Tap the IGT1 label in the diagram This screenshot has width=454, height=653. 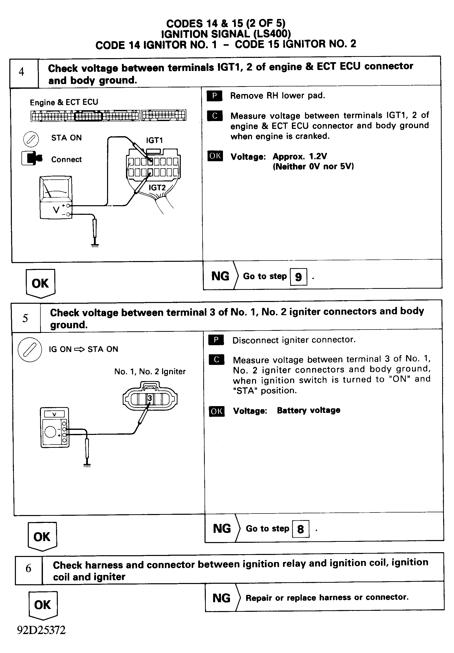coord(154,140)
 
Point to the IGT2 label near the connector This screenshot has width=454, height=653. coord(157,188)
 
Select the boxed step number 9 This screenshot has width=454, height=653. coord(298,277)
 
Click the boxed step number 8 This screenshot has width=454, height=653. coord(300,529)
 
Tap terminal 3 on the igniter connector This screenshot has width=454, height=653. coord(149,399)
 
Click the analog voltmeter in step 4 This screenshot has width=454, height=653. coord(56,197)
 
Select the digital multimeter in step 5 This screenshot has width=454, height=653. coord(55,427)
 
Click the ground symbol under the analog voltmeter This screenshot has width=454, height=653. coord(95,245)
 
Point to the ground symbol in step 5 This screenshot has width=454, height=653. coord(87,465)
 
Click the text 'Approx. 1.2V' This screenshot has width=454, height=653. coord(300,156)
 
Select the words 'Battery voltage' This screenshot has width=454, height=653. coord(309,410)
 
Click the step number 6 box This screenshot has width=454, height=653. coord(29,569)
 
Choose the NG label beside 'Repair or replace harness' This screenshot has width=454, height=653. coord(221,598)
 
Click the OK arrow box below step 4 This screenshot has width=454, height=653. coord(40,284)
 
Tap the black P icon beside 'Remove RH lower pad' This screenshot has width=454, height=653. coord(214,96)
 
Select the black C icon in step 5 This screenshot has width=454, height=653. coord(216,360)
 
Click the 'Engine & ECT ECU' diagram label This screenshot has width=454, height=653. coord(64,102)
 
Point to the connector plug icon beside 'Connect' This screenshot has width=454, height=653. coord(32,158)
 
